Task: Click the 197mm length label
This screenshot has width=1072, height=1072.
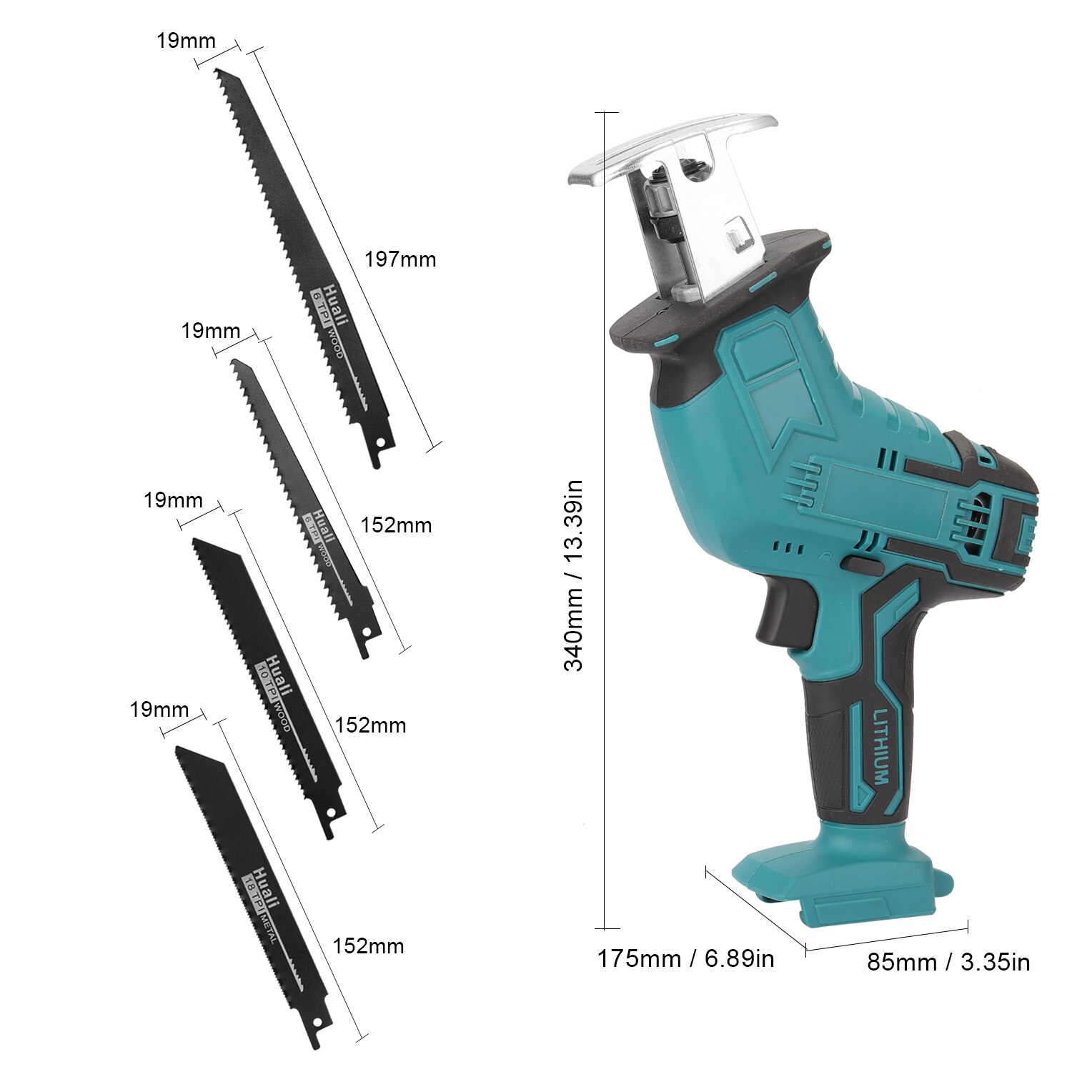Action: (x=400, y=259)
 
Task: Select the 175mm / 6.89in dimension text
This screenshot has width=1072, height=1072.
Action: (x=685, y=958)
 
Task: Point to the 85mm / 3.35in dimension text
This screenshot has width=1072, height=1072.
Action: (x=948, y=962)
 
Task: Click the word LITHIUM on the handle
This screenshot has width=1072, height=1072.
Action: (x=880, y=746)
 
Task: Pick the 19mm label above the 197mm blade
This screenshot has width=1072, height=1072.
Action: (x=186, y=41)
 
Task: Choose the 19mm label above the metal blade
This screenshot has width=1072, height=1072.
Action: (x=159, y=710)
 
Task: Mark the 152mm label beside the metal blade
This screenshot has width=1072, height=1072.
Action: (x=368, y=946)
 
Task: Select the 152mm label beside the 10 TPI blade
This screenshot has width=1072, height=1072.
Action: (x=370, y=725)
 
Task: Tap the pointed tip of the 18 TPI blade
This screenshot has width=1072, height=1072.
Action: (x=179, y=749)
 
